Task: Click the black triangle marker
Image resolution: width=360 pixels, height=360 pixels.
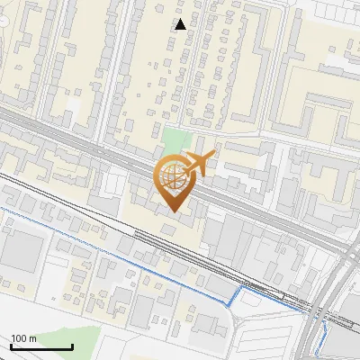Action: coord(180,24)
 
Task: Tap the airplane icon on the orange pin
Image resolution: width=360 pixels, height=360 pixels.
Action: coord(197,164)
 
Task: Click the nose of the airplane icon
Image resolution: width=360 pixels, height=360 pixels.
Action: coord(213,157)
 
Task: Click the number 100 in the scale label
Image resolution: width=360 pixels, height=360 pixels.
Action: coord(19,338)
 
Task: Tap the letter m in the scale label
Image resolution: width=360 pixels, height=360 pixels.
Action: coord(32,338)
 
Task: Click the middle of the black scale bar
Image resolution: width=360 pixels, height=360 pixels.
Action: coord(41,346)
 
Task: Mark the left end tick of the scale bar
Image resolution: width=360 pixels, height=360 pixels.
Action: coord(11,346)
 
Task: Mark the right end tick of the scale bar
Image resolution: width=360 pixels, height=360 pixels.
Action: coord(72,346)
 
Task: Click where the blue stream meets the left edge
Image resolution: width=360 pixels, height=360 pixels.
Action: coord(1,208)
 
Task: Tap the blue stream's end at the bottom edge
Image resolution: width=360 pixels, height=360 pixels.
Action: coord(326,358)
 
